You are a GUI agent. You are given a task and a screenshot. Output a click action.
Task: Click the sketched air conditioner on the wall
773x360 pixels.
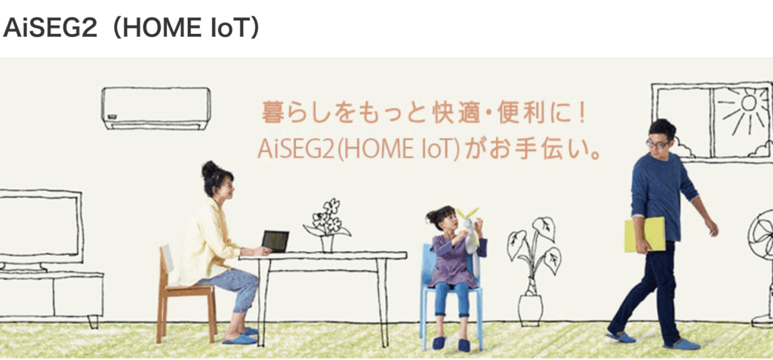click(156, 107)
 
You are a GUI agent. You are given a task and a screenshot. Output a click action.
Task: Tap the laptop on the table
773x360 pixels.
click(275, 242)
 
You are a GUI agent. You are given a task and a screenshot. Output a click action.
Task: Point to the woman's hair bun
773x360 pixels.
click(208, 169)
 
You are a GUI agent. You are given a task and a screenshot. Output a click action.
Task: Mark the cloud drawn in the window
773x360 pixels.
click(682, 146)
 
